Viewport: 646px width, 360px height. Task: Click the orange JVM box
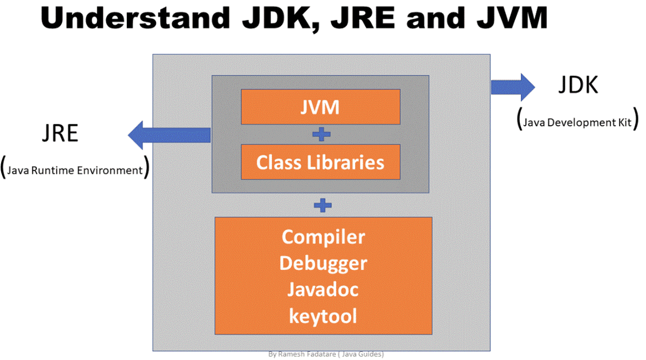(320, 107)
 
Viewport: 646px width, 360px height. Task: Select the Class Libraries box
(320, 162)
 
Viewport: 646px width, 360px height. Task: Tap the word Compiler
(323, 237)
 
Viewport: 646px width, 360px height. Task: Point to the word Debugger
(323, 264)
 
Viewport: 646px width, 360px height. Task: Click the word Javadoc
(323, 290)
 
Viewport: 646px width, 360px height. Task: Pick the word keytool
(323, 316)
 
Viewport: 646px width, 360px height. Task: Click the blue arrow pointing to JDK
(512, 87)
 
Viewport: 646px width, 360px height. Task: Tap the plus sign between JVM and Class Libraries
(321, 134)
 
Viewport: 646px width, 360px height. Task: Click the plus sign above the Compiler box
(322, 205)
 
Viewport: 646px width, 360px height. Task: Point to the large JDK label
(578, 85)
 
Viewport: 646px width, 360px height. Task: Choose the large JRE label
(60, 133)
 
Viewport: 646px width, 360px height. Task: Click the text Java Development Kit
(578, 122)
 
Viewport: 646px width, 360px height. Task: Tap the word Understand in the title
(130, 19)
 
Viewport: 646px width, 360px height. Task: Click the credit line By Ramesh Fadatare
(326, 354)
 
